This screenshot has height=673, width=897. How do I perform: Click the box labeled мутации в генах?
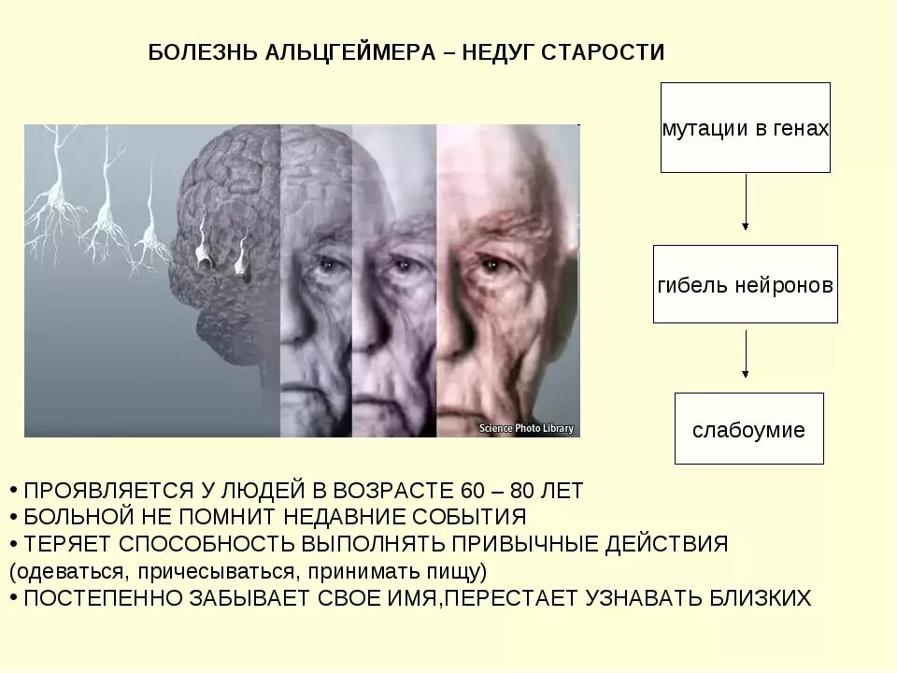coord(745,128)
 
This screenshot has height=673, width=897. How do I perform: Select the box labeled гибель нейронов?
coord(745,284)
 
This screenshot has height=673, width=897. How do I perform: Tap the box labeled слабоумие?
coord(748,429)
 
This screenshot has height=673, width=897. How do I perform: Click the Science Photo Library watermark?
coord(527,428)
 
